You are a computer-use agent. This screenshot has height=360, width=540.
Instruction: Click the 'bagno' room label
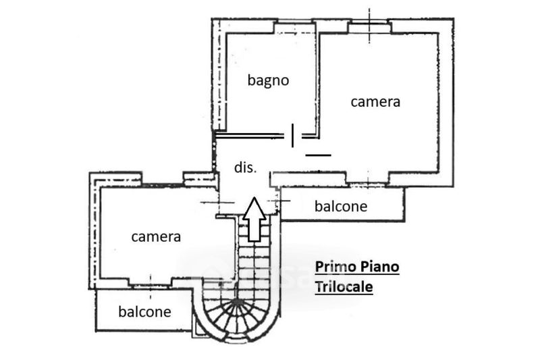click(268, 80)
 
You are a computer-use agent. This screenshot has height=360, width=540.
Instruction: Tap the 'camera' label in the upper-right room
click(375, 101)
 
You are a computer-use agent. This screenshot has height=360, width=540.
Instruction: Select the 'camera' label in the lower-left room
click(156, 236)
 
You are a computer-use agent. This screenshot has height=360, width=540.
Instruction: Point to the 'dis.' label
click(245, 168)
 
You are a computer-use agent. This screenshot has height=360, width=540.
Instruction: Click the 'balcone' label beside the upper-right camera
click(341, 206)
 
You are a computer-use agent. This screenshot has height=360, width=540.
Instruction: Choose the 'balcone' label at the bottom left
click(144, 311)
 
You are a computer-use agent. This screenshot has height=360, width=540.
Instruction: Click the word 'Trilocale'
click(344, 286)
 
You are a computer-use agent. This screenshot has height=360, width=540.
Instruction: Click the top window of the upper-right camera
click(369, 26)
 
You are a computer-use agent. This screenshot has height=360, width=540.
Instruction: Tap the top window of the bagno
click(294, 26)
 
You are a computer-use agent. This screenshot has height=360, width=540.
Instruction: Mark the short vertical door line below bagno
click(292, 135)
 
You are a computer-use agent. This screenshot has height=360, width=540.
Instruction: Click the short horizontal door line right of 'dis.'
click(318, 155)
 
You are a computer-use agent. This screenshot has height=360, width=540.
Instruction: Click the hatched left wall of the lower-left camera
click(95, 230)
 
